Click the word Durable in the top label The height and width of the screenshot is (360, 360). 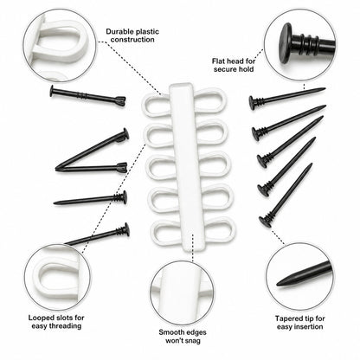click(119, 31)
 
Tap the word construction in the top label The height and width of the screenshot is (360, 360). click(132, 40)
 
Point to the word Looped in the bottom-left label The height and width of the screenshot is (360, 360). click(40, 318)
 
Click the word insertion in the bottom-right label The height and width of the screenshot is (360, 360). click(309, 327)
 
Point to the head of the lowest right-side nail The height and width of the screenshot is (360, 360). click(264, 222)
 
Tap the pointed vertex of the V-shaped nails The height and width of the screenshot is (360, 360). click(58, 168)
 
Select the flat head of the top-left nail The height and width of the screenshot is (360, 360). click(52, 91)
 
